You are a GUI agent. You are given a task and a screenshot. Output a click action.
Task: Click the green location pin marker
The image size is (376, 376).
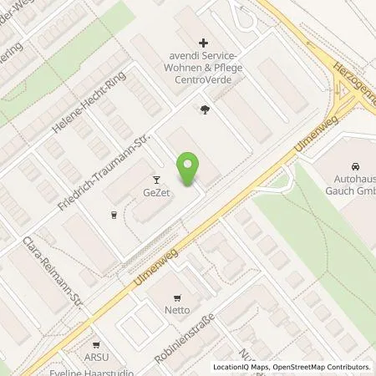pos(189,169)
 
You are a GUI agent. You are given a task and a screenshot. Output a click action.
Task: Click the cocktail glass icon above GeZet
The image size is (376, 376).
pos(155,179)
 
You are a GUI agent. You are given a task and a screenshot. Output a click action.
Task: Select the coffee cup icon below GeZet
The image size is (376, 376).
pos(114,214)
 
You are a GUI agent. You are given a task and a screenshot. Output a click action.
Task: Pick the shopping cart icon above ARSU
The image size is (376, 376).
pos(97,344)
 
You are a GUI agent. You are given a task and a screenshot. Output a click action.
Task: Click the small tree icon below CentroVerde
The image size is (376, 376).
pos(205,108)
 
